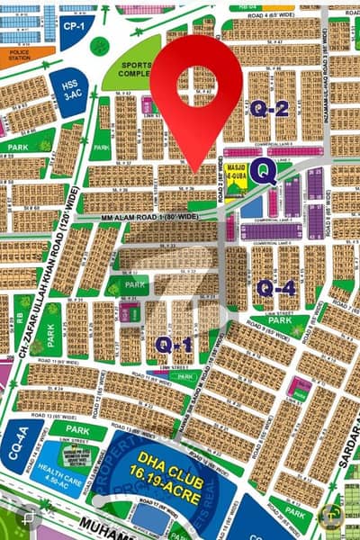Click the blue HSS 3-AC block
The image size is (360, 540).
pos(69,90)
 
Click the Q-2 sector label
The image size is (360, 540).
pos(269,110)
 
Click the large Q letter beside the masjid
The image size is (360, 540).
pos(263,171)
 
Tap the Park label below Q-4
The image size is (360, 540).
pos(280,319)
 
